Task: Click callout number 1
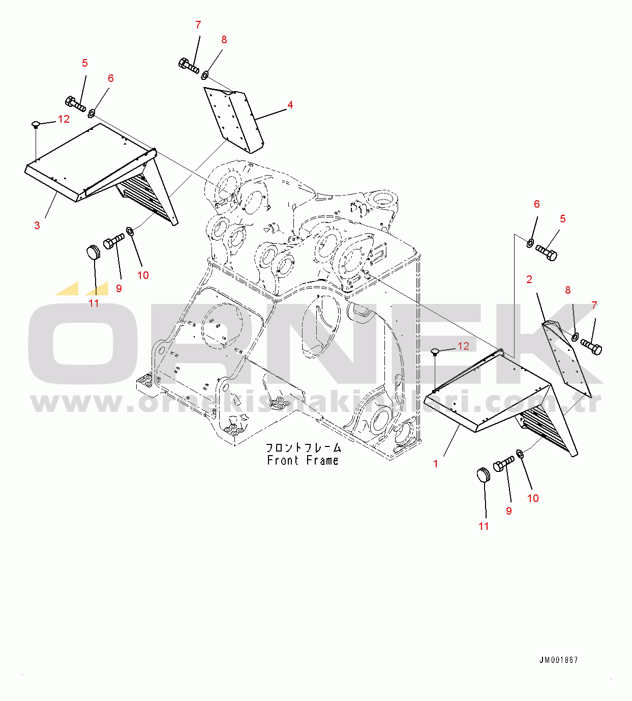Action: tap(436, 464)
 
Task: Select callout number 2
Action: tap(529, 279)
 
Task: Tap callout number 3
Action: tap(37, 226)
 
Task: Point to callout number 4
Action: tap(290, 105)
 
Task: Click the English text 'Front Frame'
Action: tap(303, 461)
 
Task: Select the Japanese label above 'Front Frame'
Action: tap(304, 448)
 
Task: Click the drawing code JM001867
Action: tap(559, 660)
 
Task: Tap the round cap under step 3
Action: tap(93, 252)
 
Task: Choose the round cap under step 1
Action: tap(484, 475)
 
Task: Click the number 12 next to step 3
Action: tap(64, 119)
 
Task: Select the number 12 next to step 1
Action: tap(463, 346)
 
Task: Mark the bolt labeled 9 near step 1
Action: tap(504, 464)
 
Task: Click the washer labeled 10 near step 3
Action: tap(130, 232)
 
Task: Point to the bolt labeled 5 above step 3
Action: tap(76, 103)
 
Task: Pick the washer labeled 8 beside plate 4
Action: tap(204, 76)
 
